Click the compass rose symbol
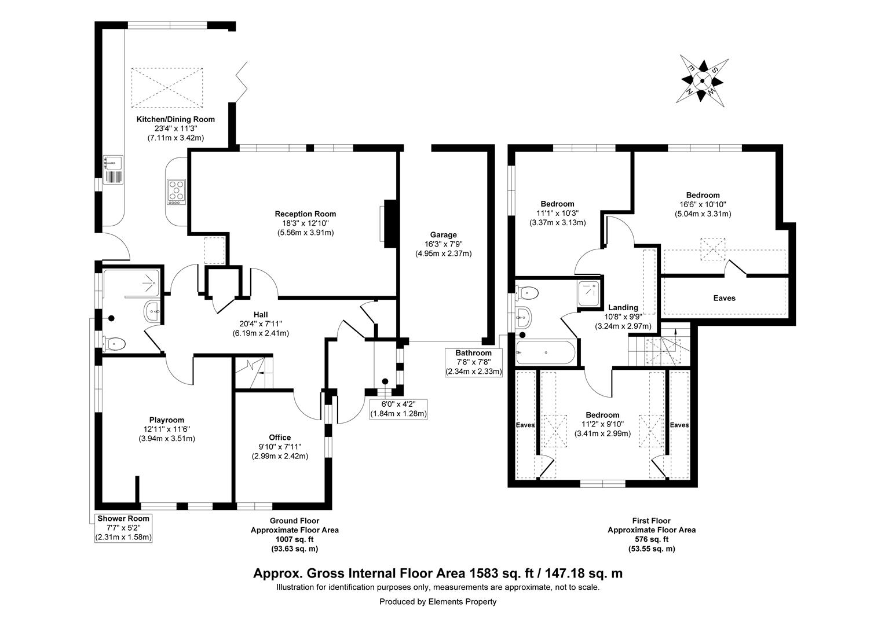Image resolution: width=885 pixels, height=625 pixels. (x=702, y=81)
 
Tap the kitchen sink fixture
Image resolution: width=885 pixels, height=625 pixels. (x=114, y=168)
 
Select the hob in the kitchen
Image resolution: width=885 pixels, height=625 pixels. (x=176, y=192)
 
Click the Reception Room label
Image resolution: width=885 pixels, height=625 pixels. (x=305, y=214)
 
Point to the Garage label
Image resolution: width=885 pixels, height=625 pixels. (x=443, y=235)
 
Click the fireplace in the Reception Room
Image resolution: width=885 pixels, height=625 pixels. (x=389, y=221)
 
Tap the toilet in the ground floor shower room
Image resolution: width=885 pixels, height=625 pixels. (x=114, y=344)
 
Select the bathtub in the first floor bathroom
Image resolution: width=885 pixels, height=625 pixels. (x=545, y=352)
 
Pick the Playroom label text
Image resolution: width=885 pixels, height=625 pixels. (x=166, y=420)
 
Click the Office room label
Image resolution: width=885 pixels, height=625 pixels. (x=280, y=437)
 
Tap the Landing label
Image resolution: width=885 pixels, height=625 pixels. (x=623, y=307)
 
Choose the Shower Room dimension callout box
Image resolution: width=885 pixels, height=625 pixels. (x=123, y=528)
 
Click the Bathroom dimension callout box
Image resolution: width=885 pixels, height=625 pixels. (x=473, y=362)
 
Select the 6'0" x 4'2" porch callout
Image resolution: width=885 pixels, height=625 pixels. (x=398, y=409)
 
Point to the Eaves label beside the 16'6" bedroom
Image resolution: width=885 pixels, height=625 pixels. (x=724, y=298)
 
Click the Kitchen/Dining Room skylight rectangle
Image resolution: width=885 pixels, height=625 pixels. (x=168, y=87)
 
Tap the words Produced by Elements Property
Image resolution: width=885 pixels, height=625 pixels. (x=437, y=602)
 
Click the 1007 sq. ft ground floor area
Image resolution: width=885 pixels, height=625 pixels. (x=294, y=539)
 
